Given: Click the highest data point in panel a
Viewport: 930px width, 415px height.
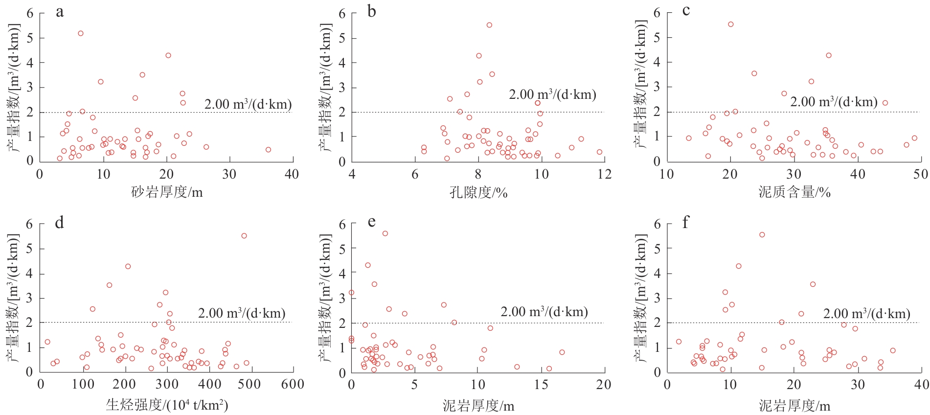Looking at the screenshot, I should (81, 33).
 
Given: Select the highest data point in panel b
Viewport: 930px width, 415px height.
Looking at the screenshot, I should (489, 25).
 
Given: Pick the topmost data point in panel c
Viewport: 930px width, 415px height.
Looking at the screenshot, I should (731, 24).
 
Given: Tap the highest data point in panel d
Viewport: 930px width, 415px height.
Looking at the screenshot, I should (244, 236).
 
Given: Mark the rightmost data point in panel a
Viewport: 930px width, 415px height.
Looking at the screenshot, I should (268, 150).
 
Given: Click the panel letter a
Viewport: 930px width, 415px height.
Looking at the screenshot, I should (60, 12).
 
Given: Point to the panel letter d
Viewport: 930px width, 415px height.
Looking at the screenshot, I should (60, 223).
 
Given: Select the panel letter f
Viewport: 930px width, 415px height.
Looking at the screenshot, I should (685, 223).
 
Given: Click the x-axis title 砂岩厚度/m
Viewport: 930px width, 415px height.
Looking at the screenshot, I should (167, 192).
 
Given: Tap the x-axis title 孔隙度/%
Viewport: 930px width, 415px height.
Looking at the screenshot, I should (478, 192).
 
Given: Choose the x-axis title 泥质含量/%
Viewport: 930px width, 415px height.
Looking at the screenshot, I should (794, 192).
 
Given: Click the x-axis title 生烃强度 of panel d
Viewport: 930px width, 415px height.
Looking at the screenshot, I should (167, 405).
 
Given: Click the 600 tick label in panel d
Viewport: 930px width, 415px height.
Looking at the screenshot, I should (292, 385).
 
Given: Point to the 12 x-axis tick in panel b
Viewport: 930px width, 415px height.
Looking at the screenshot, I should (605, 174).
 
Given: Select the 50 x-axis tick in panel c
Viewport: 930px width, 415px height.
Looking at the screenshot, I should (920, 174).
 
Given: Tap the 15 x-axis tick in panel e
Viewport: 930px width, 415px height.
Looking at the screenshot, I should (541, 385).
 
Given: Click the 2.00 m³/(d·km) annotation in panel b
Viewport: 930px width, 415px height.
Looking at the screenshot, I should (552, 94).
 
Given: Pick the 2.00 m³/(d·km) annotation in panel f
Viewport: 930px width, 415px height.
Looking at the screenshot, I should (866, 314).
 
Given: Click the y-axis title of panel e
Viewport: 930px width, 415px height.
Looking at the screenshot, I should (326, 299).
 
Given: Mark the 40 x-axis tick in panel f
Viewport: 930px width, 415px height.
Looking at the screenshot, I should (921, 385).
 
